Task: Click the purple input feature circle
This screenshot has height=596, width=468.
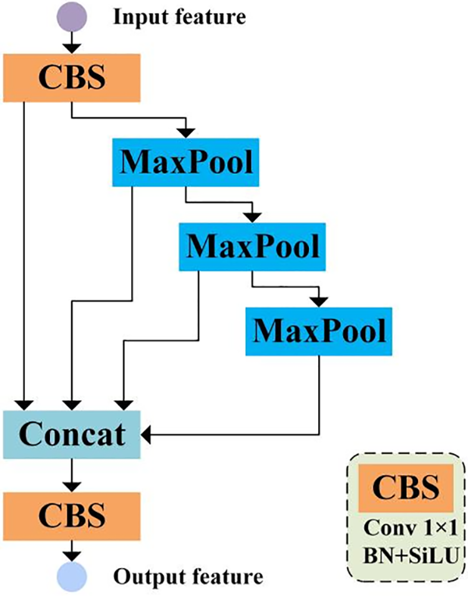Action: pyautogui.click(x=72, y=16)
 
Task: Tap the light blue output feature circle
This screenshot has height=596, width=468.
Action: pyautogui.click(x=72, y=577)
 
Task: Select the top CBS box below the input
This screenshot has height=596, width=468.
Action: pyautogui.click(x=72, y=78)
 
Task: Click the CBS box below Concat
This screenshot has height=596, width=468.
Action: pyautogui.click(x=72, y=516)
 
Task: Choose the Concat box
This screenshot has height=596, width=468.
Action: pyautogui.click(x=72, y=435)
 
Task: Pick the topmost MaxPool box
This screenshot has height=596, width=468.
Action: pyautogui.click(x=186, y=162)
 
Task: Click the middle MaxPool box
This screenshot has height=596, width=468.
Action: pyautogui.click(x=252, y=247)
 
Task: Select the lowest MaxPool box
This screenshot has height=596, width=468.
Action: pyautogui.click(x=319, y=332)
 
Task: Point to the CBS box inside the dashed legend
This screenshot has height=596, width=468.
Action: pyautogui.click(x=406, y=488)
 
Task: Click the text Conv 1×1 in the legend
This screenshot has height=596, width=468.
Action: pyautogui.click(x=410, y=527)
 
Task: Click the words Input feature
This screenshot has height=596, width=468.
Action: pyautogui.click(x=180, y=17)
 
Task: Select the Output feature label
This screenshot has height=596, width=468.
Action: pyautogui.click(x=188, y=577)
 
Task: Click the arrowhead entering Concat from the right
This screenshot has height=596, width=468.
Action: pyautogui.click(x=146, y=435)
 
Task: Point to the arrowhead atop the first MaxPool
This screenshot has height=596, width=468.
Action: pyautogui.click(x=186, y=133)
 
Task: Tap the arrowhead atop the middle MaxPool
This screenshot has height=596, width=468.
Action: pyautogui.click(x=252, y=218)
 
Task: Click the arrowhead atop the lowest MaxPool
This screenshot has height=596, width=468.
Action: pyautogui.click(x=319, y=302)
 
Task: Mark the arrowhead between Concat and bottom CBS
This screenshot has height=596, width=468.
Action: pyautogui.click(x=72, y=488)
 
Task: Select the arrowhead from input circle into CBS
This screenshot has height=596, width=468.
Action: pyautogui.click(x=72, y=49)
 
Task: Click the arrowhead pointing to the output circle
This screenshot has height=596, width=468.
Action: pyautogui.click(x=72, y=557)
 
